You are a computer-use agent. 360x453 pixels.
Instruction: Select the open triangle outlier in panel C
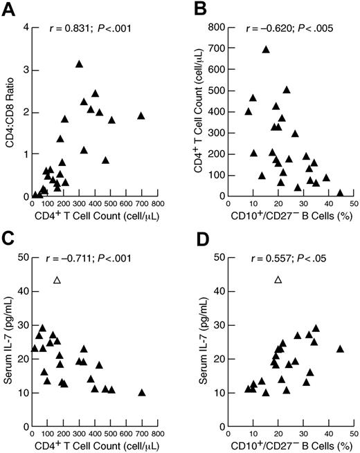click(x=57, y=279)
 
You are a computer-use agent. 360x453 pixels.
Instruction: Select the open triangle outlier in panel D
click(x=278, y=279)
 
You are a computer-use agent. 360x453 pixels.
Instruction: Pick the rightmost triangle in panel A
click(x=141, y=115)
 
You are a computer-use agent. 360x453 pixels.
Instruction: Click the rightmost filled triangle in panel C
click(x=142, y=393)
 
